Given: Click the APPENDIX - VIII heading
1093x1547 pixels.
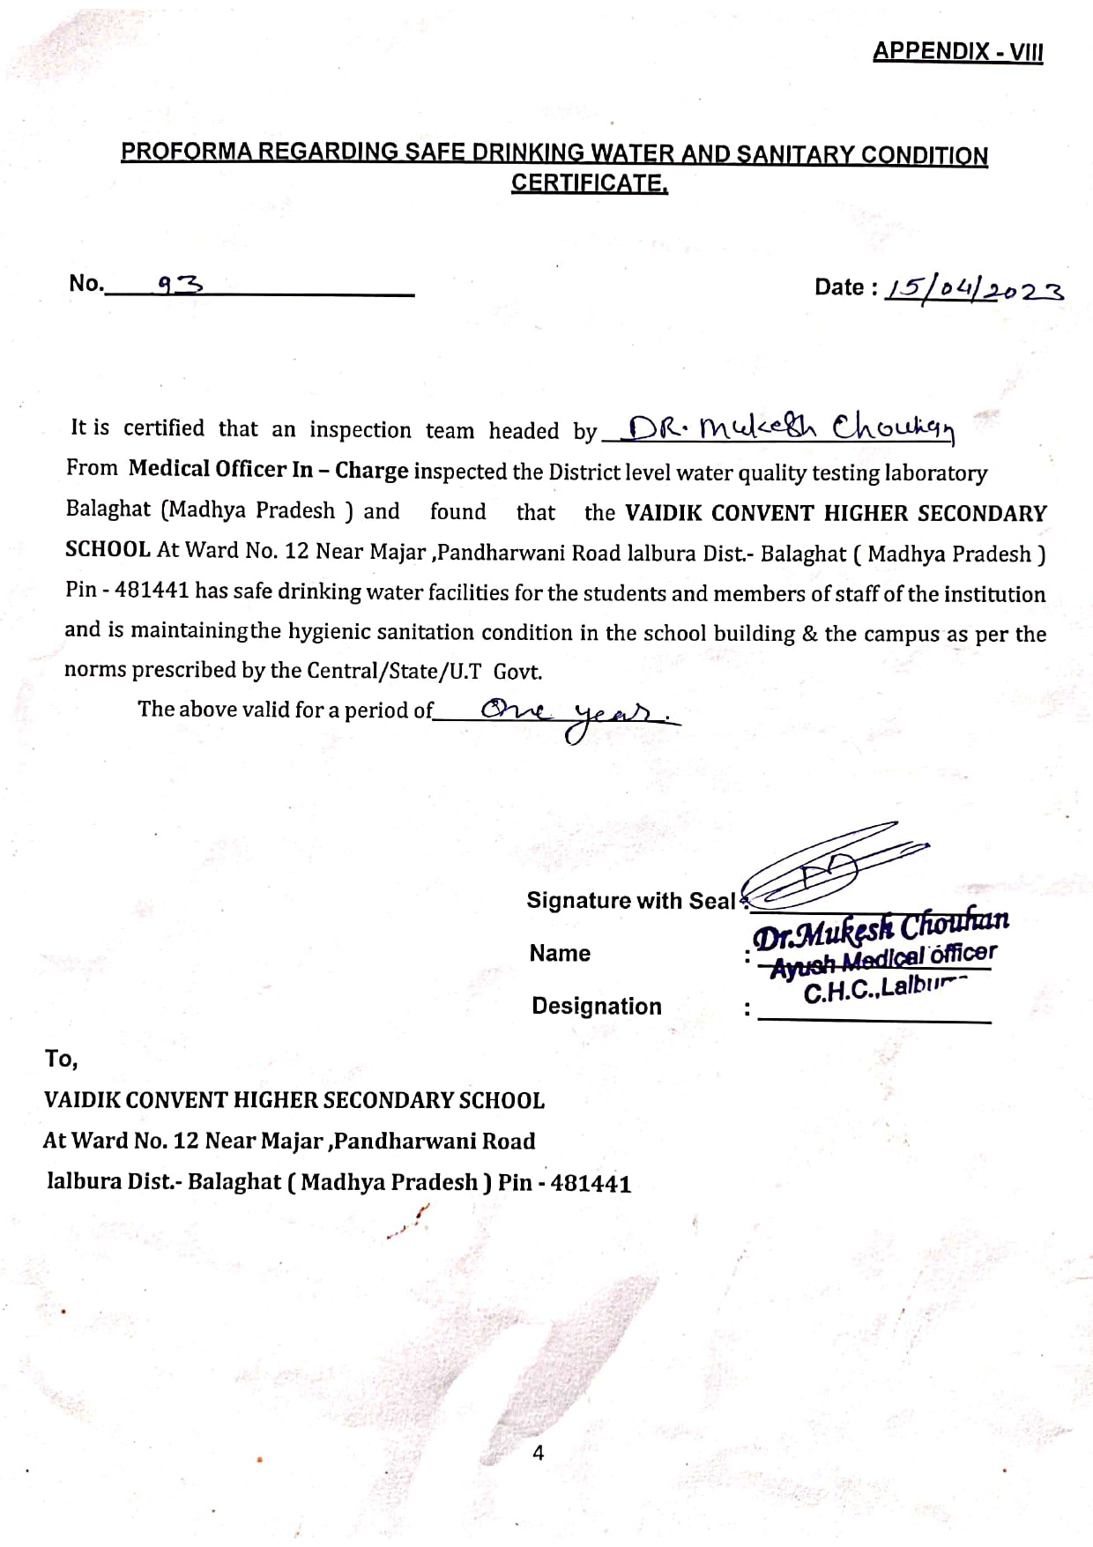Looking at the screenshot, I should coord(957,52).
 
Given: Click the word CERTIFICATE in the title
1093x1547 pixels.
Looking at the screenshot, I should coord(589,183).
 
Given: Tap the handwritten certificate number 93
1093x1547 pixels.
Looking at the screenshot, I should coord(180,284).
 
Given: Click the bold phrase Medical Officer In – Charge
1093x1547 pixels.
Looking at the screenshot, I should coord(268,469).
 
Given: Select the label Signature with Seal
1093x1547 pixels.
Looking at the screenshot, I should coord(630,900).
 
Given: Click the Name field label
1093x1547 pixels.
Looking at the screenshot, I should coord(560,953).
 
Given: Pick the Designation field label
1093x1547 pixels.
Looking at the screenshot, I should coord(596,1006).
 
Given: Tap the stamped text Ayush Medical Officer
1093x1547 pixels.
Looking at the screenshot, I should coord(883,960).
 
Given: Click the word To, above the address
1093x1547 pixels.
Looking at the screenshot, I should coord(61,1058).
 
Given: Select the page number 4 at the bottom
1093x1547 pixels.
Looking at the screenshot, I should coord(539,1453).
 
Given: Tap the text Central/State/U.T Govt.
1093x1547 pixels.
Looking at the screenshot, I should coord(424,671).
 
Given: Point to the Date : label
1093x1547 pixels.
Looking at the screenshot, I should coord(845,287).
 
